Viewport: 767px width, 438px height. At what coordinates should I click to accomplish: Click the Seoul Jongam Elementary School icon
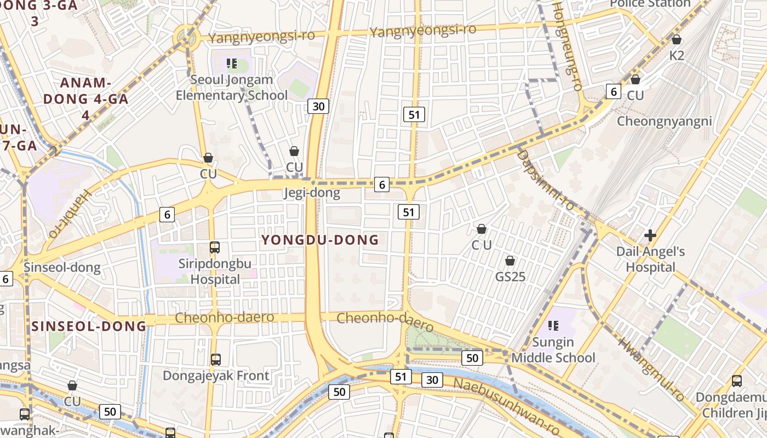(232, 64)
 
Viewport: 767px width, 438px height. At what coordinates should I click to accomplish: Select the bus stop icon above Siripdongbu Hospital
(215, 247)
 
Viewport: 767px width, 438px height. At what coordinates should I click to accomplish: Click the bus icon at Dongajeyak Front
(216, 360)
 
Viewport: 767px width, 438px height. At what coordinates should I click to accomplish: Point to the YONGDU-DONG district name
(320, 240)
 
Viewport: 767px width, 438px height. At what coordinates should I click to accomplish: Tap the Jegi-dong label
(312, 193)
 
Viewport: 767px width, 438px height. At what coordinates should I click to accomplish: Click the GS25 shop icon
(510, 261)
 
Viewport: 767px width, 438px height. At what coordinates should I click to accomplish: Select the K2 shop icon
(677, 39)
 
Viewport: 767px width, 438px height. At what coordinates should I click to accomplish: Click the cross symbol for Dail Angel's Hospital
(650, 236)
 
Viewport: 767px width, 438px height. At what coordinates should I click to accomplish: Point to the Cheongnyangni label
(665, 121)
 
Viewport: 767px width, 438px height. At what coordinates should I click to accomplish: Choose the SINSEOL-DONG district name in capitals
(89, 326)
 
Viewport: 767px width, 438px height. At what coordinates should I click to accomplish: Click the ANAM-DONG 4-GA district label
(86, 99)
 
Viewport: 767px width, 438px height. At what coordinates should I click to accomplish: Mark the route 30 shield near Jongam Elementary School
(318, 106)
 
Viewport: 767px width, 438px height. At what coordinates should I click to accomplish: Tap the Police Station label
(650, 3)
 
